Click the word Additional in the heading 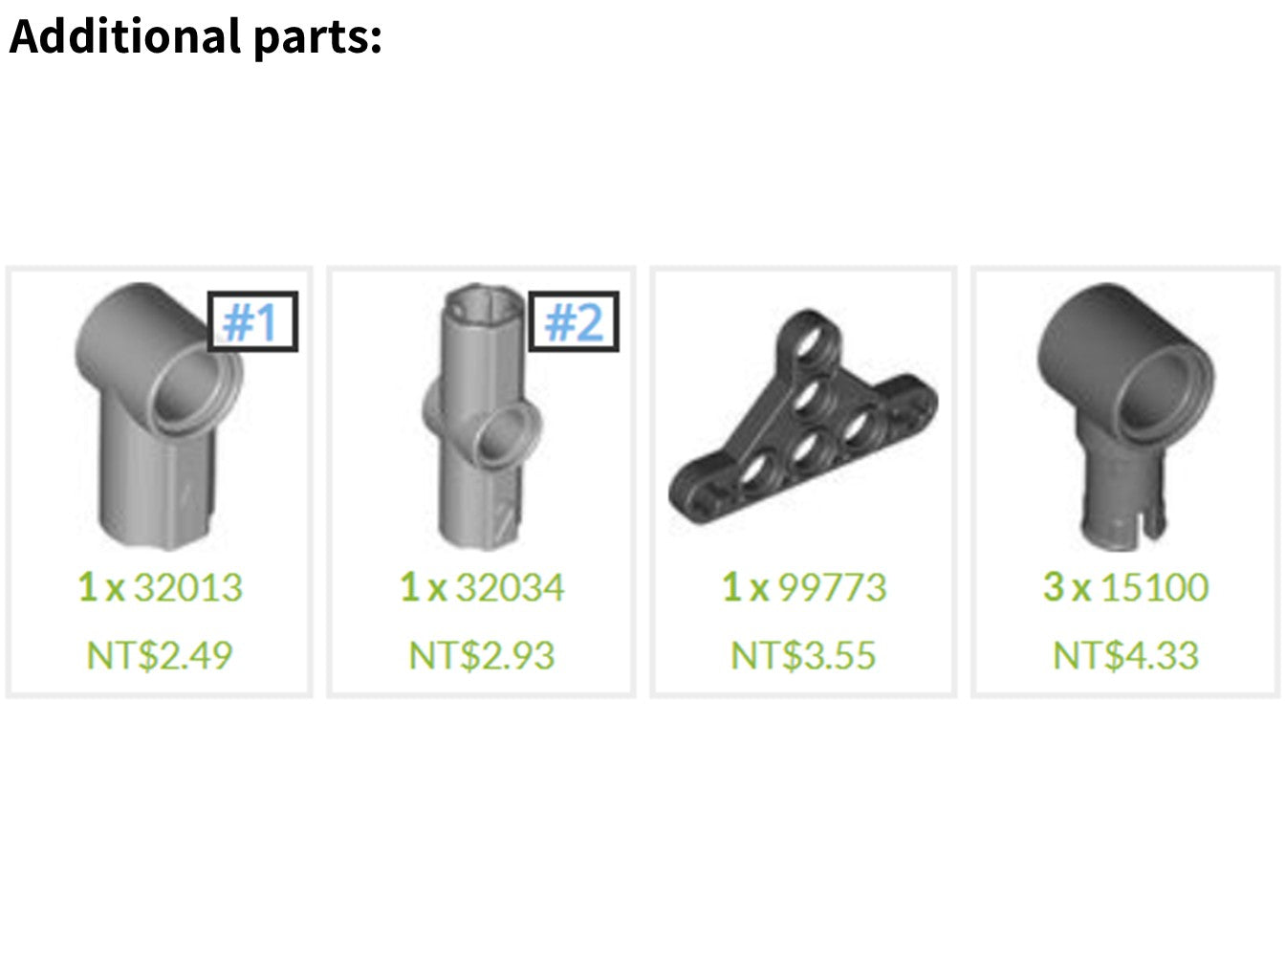[124, 36]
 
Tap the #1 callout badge [252, 321]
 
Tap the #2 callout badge [574, 321]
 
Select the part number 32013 [188, 587]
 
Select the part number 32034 [511, 587]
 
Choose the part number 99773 [833, 587]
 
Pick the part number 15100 [1155, 587]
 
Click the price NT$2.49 [160, 655]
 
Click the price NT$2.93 [481, 655]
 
